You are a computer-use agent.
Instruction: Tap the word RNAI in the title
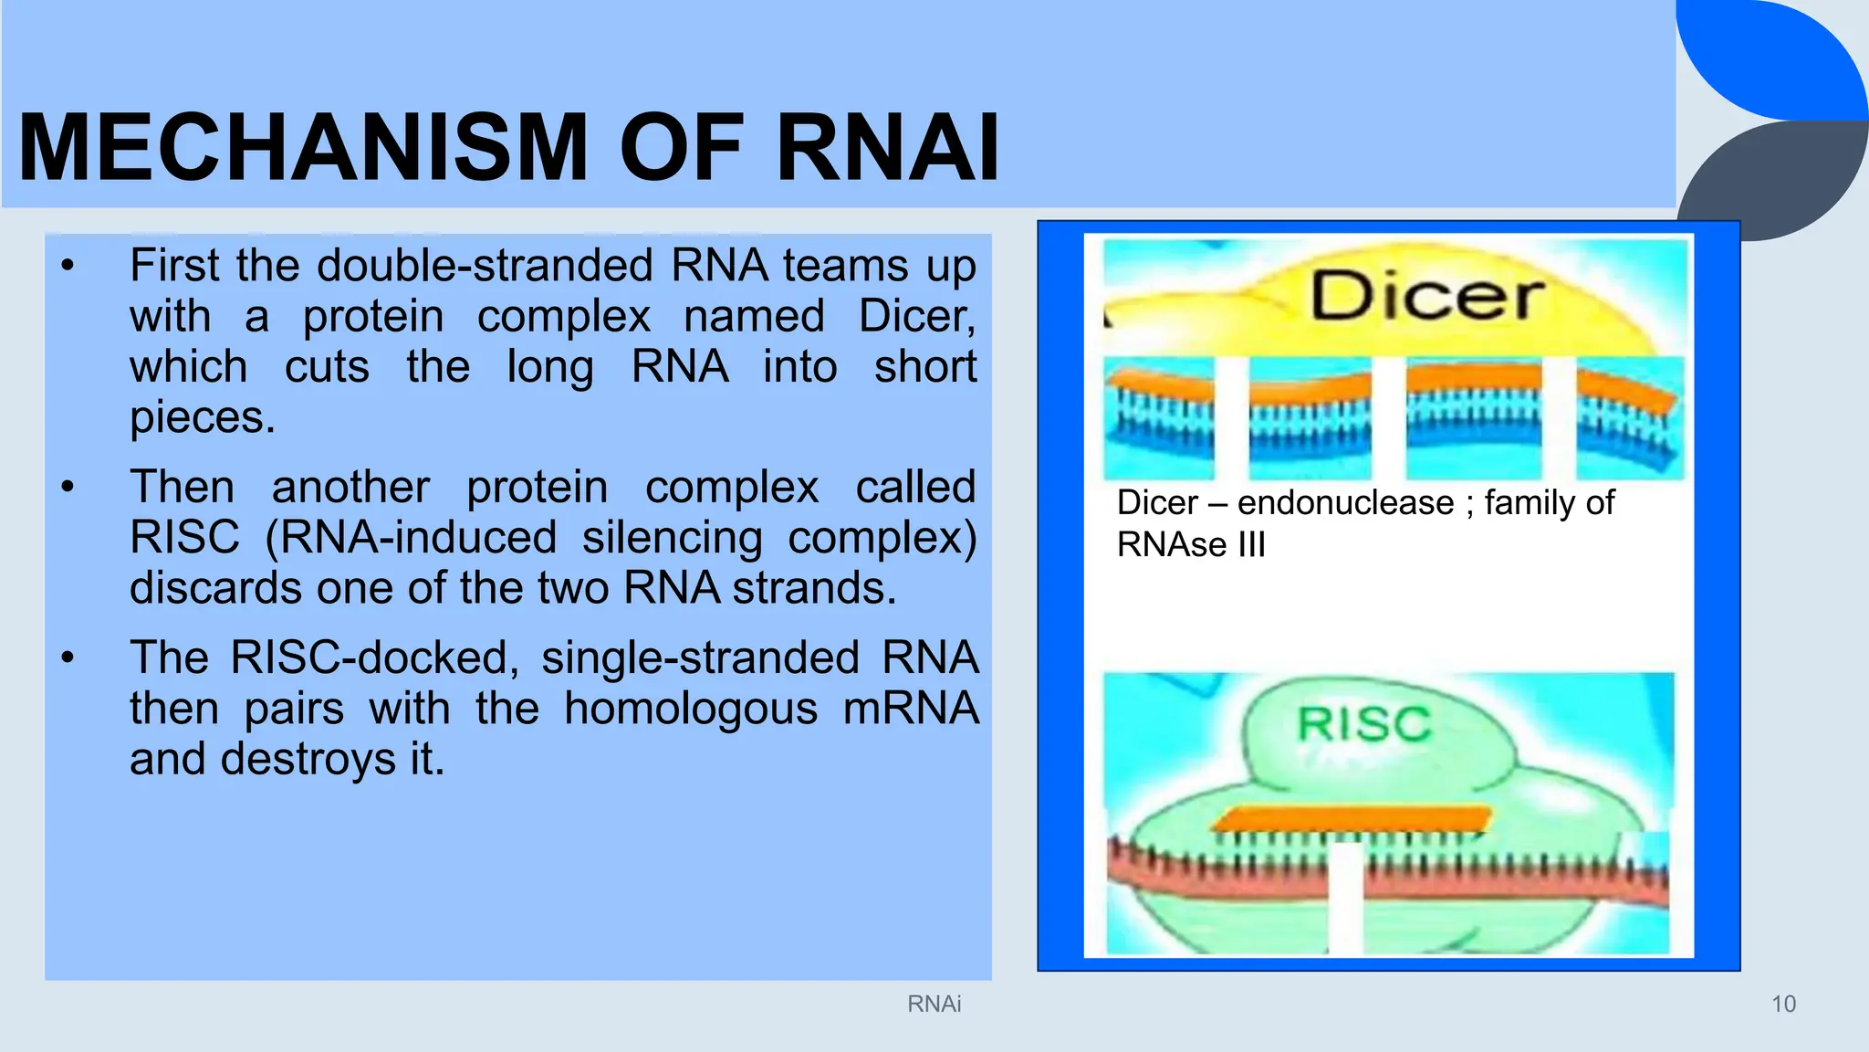(887, 148)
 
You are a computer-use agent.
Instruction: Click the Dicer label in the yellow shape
(1426, 297)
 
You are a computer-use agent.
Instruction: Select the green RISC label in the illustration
(1364, 725)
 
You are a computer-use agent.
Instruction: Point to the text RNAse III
(1191, 545)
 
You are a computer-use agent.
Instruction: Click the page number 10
(1783, 1004)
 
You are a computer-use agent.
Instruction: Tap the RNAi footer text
(934, 1004)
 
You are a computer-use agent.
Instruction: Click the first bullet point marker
(67, 267)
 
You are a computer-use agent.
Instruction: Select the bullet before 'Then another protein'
(67, 488)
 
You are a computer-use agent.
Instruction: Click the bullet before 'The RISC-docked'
(67, 658)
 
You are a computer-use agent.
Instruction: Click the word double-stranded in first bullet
(485, 267)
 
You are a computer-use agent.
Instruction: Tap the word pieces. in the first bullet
(202, 418)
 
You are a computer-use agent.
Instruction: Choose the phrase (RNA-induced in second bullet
(410, 538)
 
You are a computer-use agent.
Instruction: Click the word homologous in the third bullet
(690, 710)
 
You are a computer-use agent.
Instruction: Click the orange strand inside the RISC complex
(1351, 818)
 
